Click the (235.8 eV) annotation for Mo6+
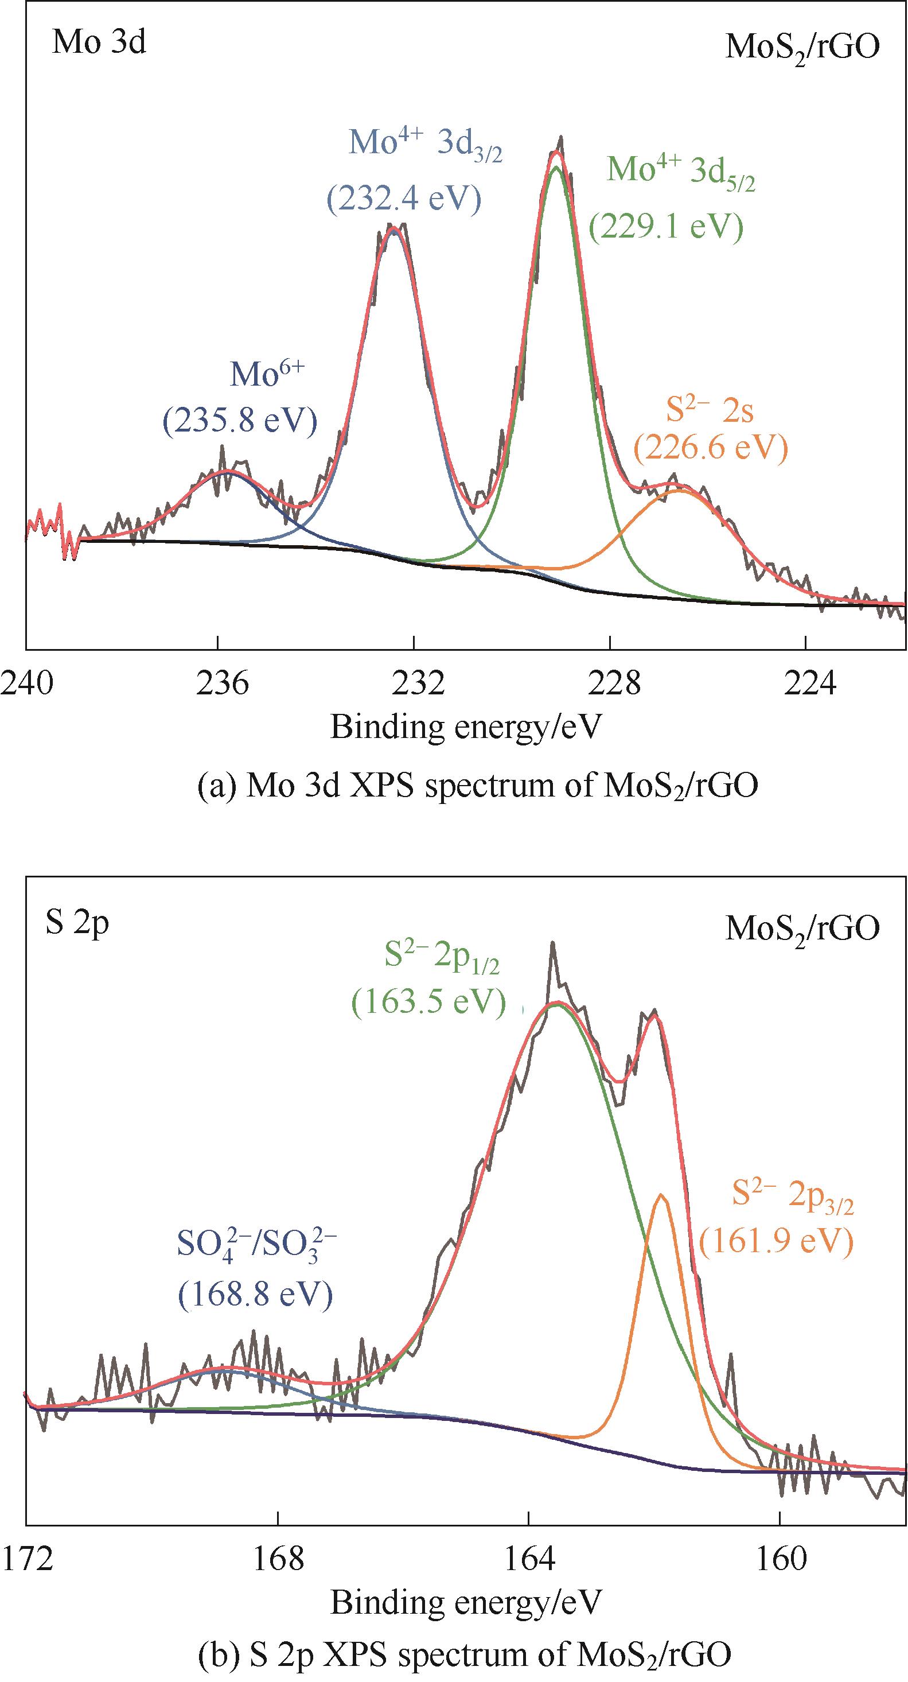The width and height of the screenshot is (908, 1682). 240,421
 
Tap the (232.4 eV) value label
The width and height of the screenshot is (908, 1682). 403,199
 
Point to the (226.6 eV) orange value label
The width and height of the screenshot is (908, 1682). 711,449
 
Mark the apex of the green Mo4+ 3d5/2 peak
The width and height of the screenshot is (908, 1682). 556,167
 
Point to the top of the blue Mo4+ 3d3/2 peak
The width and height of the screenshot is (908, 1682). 392,231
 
